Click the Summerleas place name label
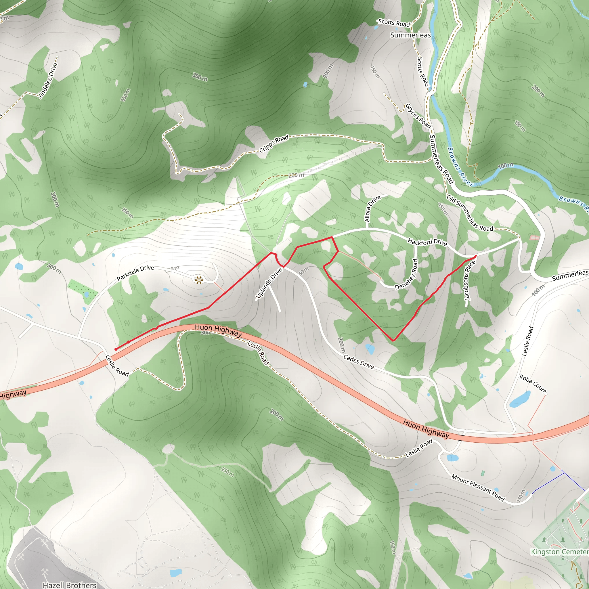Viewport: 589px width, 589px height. [410, 35]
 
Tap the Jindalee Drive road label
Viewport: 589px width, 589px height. [48, 80]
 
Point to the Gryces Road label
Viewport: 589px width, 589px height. [418, 116]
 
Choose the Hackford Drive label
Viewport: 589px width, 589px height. [427, 242]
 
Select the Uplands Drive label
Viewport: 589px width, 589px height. [269, 283]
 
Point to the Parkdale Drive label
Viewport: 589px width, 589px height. [135, 273]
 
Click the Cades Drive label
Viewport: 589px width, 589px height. [359, 362]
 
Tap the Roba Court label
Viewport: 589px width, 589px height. [532, 384]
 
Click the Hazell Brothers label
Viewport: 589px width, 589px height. [70, 585]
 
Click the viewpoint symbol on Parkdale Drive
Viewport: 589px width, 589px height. [198, 280]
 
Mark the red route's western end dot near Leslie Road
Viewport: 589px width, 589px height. [116, 349]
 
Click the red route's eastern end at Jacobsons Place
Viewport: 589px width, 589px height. [475, 256]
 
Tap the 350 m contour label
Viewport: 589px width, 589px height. [125, 95]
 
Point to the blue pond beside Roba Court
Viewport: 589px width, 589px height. [520, 399]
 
